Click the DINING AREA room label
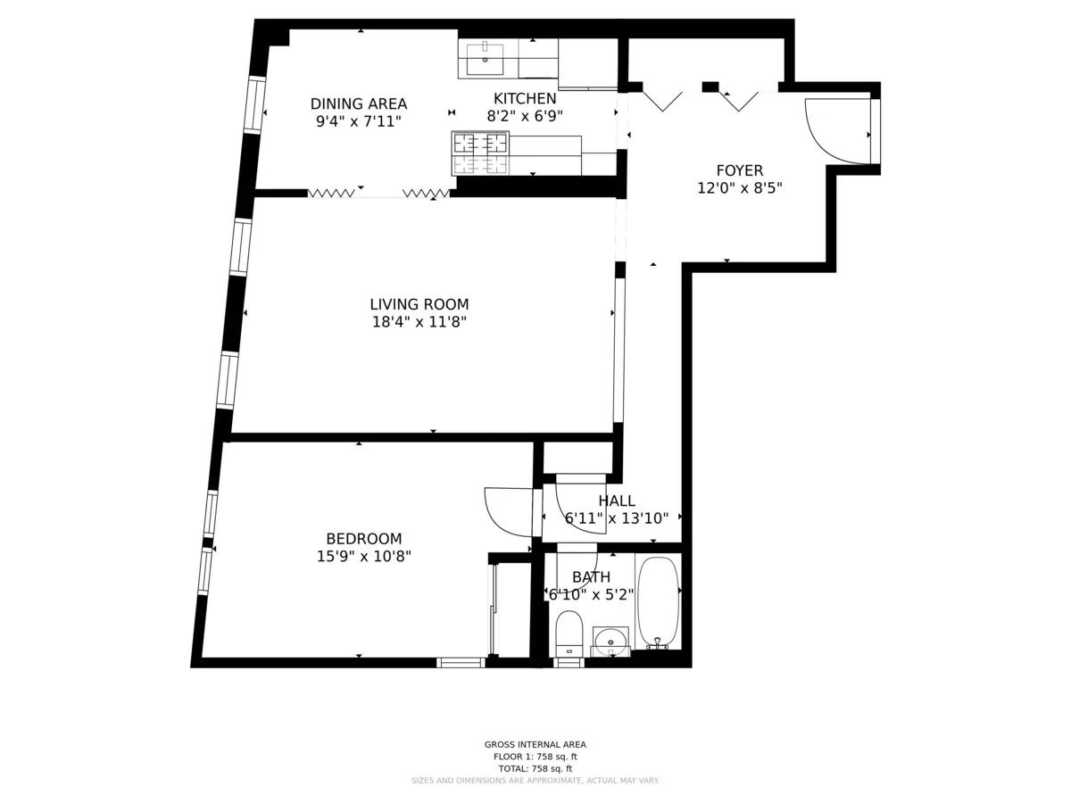point(358,103)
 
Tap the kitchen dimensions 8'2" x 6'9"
point(525,116)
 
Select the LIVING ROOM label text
point(419,304)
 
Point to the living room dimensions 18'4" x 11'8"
point(419,322)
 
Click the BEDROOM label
point(363,539)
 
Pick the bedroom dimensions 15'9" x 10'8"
point(363,557)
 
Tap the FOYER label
point(739,170)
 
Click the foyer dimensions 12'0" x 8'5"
point(739,188)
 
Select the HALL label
point(617,501)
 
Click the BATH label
point(591,577)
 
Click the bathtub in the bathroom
point(659,602)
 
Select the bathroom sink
point(610,639)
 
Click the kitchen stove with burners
point(480,153)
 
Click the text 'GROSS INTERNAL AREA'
point(535,744)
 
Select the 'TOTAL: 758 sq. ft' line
point(535,768)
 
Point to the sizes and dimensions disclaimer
point(535,781)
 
